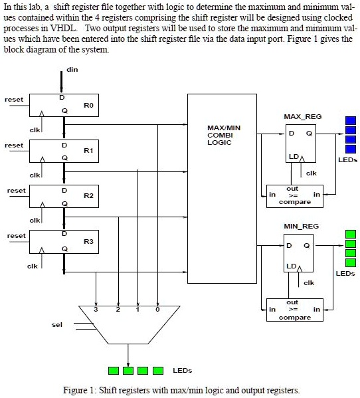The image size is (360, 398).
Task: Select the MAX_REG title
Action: pyautogui.click(x=302, y=117)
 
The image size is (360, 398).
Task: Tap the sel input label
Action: pyautogui.click(x=56, y=325)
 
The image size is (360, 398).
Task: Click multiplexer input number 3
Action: pyautogui.click(x=98, y=310)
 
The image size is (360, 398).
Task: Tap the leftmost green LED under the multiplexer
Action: pyautogui.click(x=115, y=370)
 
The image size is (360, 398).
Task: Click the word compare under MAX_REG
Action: pyautogui.click(x=295, y=202)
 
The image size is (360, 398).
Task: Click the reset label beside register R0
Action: pyautogui.click(x=14, y=100)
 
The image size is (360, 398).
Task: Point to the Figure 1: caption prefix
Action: pyautogui.click(x=80, y=390)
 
